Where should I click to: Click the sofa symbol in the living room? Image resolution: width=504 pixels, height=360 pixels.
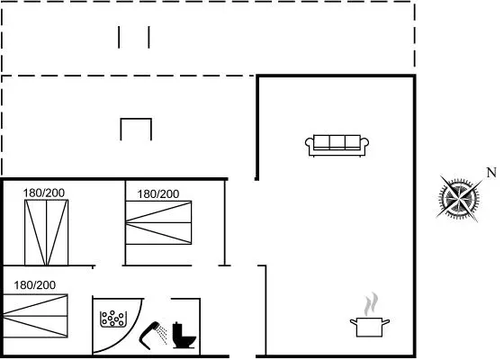(337, 146)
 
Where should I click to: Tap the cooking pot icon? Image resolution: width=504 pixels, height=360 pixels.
(370, 327)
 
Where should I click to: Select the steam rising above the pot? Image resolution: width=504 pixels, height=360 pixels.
(371, 304)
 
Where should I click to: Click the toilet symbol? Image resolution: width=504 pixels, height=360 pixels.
(184, 335)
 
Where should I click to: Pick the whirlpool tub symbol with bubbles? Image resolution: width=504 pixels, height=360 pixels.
(113, 319)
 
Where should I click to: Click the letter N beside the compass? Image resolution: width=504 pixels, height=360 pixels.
(491, 173)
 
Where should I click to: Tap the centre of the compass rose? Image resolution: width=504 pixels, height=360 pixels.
(459, 198)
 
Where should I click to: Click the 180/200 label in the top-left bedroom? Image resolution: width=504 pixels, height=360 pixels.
(44, 193)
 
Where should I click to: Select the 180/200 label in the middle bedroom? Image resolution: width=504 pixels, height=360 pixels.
(158, 194)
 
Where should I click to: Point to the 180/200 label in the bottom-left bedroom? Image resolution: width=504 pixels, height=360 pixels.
(35, 285)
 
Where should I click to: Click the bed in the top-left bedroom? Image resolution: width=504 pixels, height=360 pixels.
(46, 233)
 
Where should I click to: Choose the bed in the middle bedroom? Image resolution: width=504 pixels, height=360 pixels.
(158, 222)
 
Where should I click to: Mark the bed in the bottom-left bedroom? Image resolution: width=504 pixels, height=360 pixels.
(35, 316)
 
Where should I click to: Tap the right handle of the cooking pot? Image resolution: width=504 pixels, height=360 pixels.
(386, 322)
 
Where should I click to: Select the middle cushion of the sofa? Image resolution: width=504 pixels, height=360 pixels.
(337, 142)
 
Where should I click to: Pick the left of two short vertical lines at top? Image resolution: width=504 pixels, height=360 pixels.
(119, 37)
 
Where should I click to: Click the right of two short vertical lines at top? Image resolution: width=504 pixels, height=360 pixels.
(148, 37)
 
